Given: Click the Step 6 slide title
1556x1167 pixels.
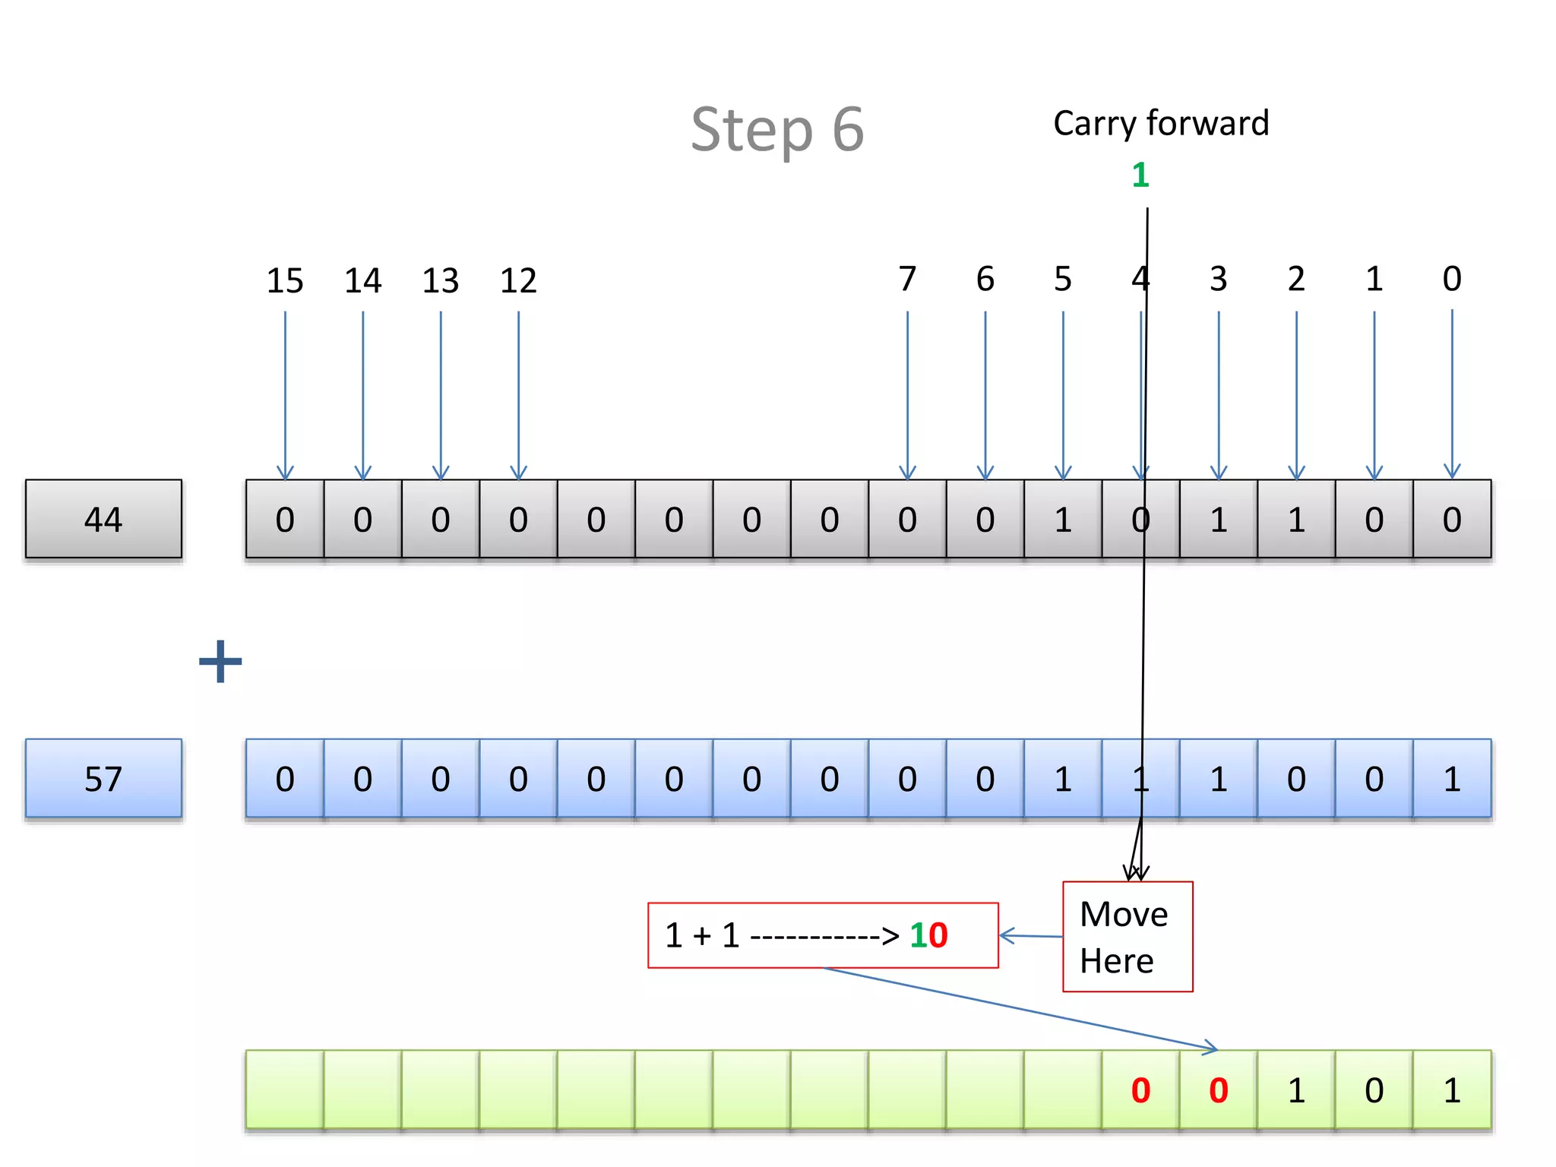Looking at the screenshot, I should tap(777, 130).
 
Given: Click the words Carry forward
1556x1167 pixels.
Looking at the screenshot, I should tap(1160, 124).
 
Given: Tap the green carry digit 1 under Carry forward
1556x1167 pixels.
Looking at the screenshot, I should tap(1140, 176).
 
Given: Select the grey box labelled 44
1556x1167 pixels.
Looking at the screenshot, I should tap(103, 520).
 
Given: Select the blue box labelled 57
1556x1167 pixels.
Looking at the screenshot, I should tap(103, 779).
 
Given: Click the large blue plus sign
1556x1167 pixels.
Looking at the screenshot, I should tap(220, 661).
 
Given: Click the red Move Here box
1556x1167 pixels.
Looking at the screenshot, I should tap(1127, 937).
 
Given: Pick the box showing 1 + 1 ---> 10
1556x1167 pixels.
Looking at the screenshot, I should tap(822, 935).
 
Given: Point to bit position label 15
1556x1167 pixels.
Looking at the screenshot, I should tap(285, 281).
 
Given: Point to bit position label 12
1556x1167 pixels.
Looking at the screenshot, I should tap(518, 281).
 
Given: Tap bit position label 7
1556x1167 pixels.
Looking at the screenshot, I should tap(907, 279).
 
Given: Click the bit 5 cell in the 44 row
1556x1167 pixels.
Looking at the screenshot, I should tap(1063, 520).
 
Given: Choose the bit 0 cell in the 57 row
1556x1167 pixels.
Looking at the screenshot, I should tap(1452, 779).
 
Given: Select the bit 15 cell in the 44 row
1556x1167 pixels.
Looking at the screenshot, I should tap(285, 520).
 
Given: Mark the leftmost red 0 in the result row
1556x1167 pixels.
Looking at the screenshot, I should tap(1140, 1090).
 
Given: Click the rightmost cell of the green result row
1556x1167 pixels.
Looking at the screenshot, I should tap(1452, 1090).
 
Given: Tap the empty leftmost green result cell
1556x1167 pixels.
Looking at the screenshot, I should tap(285, 1090).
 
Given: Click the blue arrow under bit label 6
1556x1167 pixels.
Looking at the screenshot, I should tap(985, 395).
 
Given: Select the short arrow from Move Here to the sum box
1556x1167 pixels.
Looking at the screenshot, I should tap(1031, 936).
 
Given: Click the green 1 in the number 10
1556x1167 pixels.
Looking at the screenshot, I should tap(918, 935).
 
